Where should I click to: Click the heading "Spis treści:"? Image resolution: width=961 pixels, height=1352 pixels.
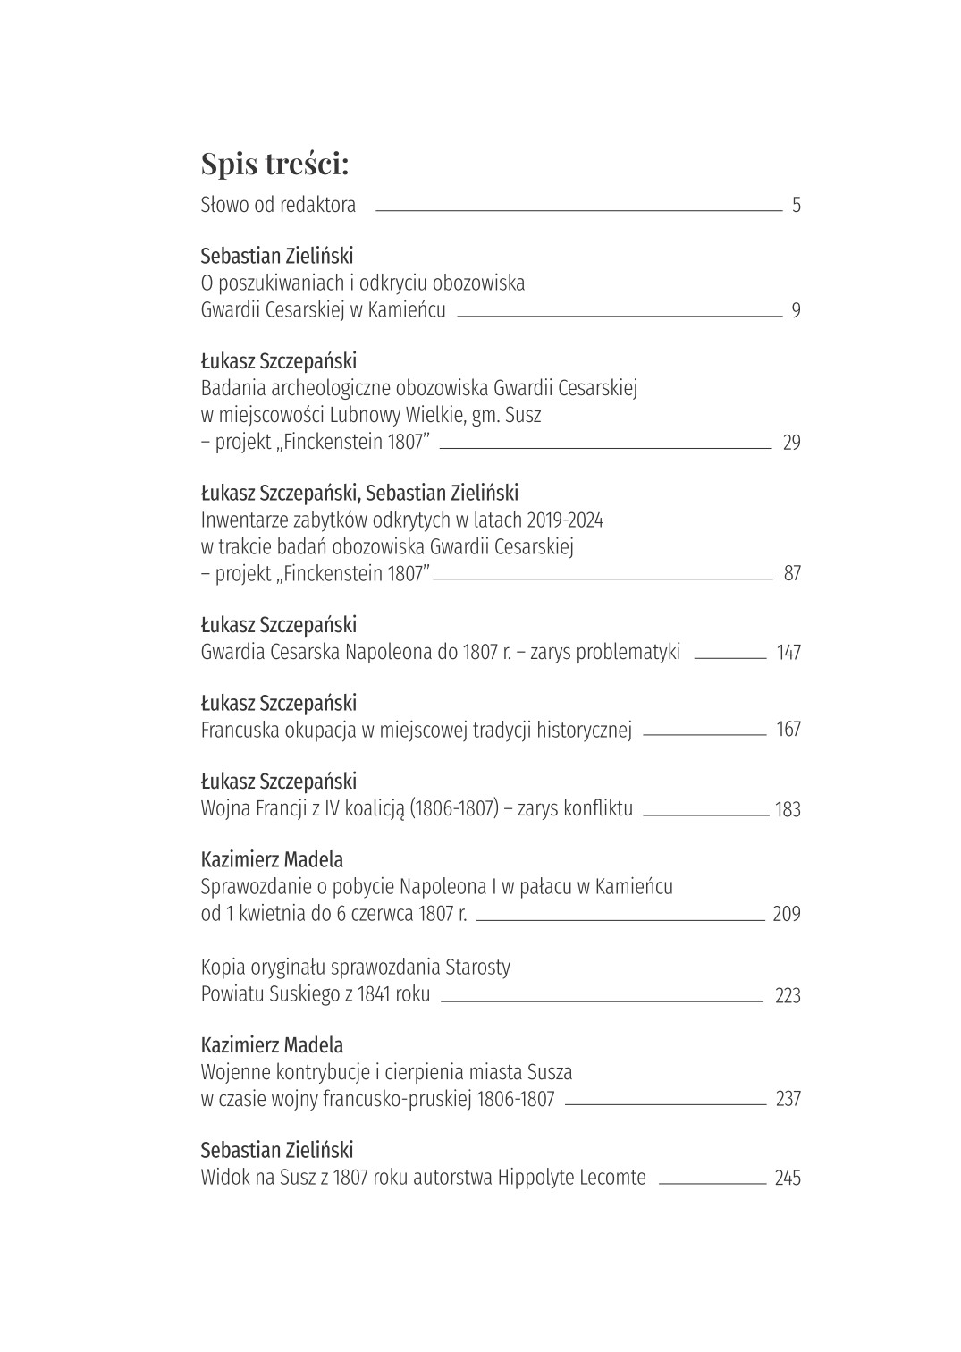[274, 164]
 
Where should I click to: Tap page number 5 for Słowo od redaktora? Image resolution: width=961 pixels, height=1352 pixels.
[796, 206]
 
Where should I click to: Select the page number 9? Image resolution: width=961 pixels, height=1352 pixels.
[796, 312]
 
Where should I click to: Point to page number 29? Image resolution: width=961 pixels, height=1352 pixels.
[791, 443]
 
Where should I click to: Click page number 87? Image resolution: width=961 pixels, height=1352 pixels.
[792, 574]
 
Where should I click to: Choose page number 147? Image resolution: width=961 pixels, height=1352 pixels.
[788, 653]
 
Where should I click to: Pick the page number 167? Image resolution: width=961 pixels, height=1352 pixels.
[788, 730]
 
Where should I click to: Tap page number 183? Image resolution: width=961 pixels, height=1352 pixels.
[788, 810]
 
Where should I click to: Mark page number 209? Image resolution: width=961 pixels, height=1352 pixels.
[787, 915]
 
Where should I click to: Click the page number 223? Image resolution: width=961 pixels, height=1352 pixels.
[788, 996]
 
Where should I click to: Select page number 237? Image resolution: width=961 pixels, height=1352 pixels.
[788, 1100]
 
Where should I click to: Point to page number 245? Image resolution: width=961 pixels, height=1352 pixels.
[788, 1179]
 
